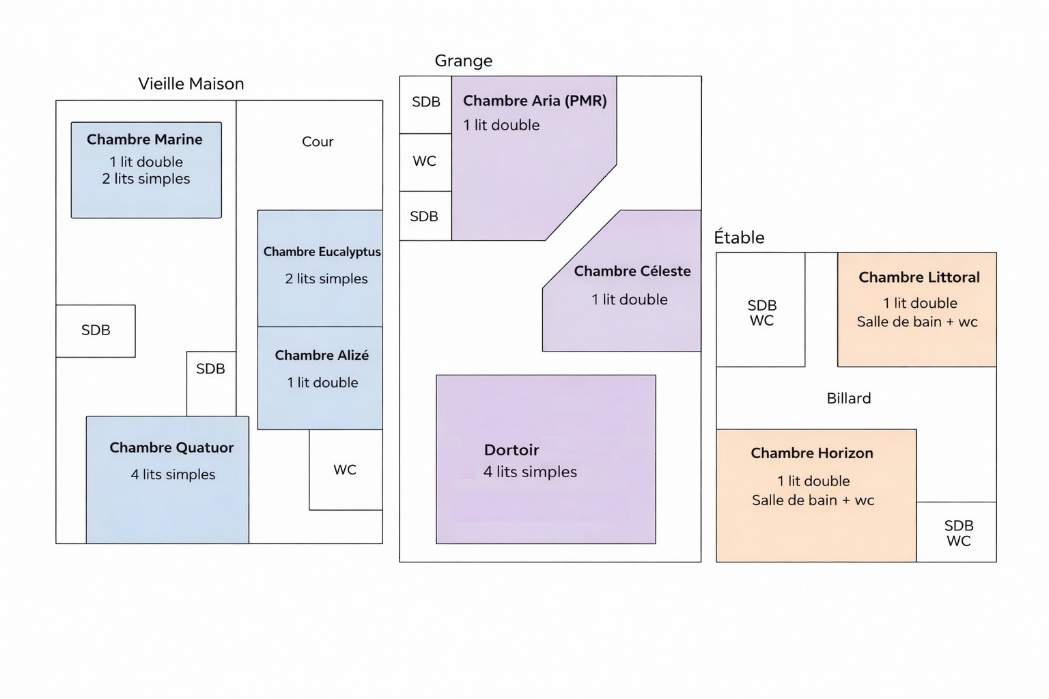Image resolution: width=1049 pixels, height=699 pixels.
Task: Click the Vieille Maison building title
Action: (191, 84)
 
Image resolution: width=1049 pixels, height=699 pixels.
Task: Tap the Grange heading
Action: (463, 61)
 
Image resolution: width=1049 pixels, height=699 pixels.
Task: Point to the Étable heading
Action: (739, 238)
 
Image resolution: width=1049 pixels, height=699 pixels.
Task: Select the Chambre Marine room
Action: (146, 170)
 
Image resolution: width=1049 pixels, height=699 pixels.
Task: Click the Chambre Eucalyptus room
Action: (320, 268)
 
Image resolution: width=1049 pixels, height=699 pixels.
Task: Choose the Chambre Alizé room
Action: (320, 377)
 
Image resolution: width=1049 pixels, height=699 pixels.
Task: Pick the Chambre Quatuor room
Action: (167, 479)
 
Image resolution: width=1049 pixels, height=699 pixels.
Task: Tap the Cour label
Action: (318, 142)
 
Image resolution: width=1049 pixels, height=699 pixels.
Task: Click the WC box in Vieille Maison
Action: (345, 470)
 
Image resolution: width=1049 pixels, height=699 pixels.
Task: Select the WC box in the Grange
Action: (425, 162)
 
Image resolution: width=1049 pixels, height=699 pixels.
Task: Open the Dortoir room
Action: (546, 459)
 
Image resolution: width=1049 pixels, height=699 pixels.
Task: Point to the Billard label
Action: (848, 399)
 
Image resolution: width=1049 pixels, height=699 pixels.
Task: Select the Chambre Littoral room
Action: (917, 309)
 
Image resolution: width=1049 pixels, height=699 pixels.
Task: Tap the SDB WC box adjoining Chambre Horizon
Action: (957, 532)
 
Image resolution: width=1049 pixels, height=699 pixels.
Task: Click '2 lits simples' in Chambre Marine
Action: (146, 179)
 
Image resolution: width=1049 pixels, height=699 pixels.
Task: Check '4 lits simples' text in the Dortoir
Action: (530, 472)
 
